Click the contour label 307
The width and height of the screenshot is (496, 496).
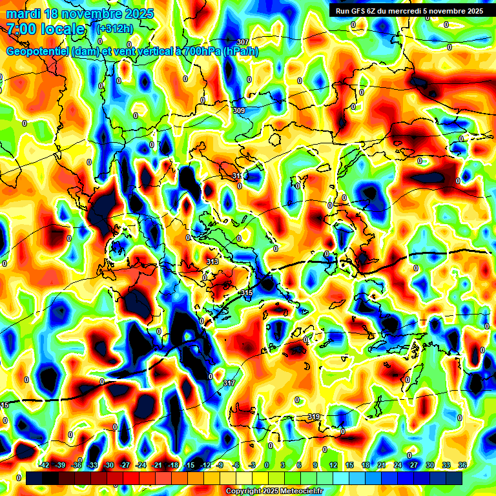click(x=242, y=42)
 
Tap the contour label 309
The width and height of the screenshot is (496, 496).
click(x=239, y=110)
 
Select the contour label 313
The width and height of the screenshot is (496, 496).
click(x=212, y=261)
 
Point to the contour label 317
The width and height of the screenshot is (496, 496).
click(x=229, y=383)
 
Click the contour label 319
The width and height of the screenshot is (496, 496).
click(x=315, y=416)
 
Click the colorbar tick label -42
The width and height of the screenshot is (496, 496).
click(x=45, y=465)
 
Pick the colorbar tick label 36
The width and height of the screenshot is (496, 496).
click(x=462, y=465)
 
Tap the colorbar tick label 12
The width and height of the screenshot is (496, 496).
click(x=333, y=465)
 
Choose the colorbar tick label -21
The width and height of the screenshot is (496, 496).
click(x=157, y=465)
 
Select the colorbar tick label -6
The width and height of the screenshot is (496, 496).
click(x=236, y=465)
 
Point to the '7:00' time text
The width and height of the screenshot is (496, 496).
click(x=23, y=29)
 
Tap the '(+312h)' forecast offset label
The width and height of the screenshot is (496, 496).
click(x=114, y=29)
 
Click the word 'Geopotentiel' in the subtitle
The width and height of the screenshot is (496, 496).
click(x=38, y=51)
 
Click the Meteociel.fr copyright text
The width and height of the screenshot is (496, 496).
click(x=274, y=491)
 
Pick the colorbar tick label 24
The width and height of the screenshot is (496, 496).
click(x=397, y=465)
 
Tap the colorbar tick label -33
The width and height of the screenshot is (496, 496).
click(x=92, y=465)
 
